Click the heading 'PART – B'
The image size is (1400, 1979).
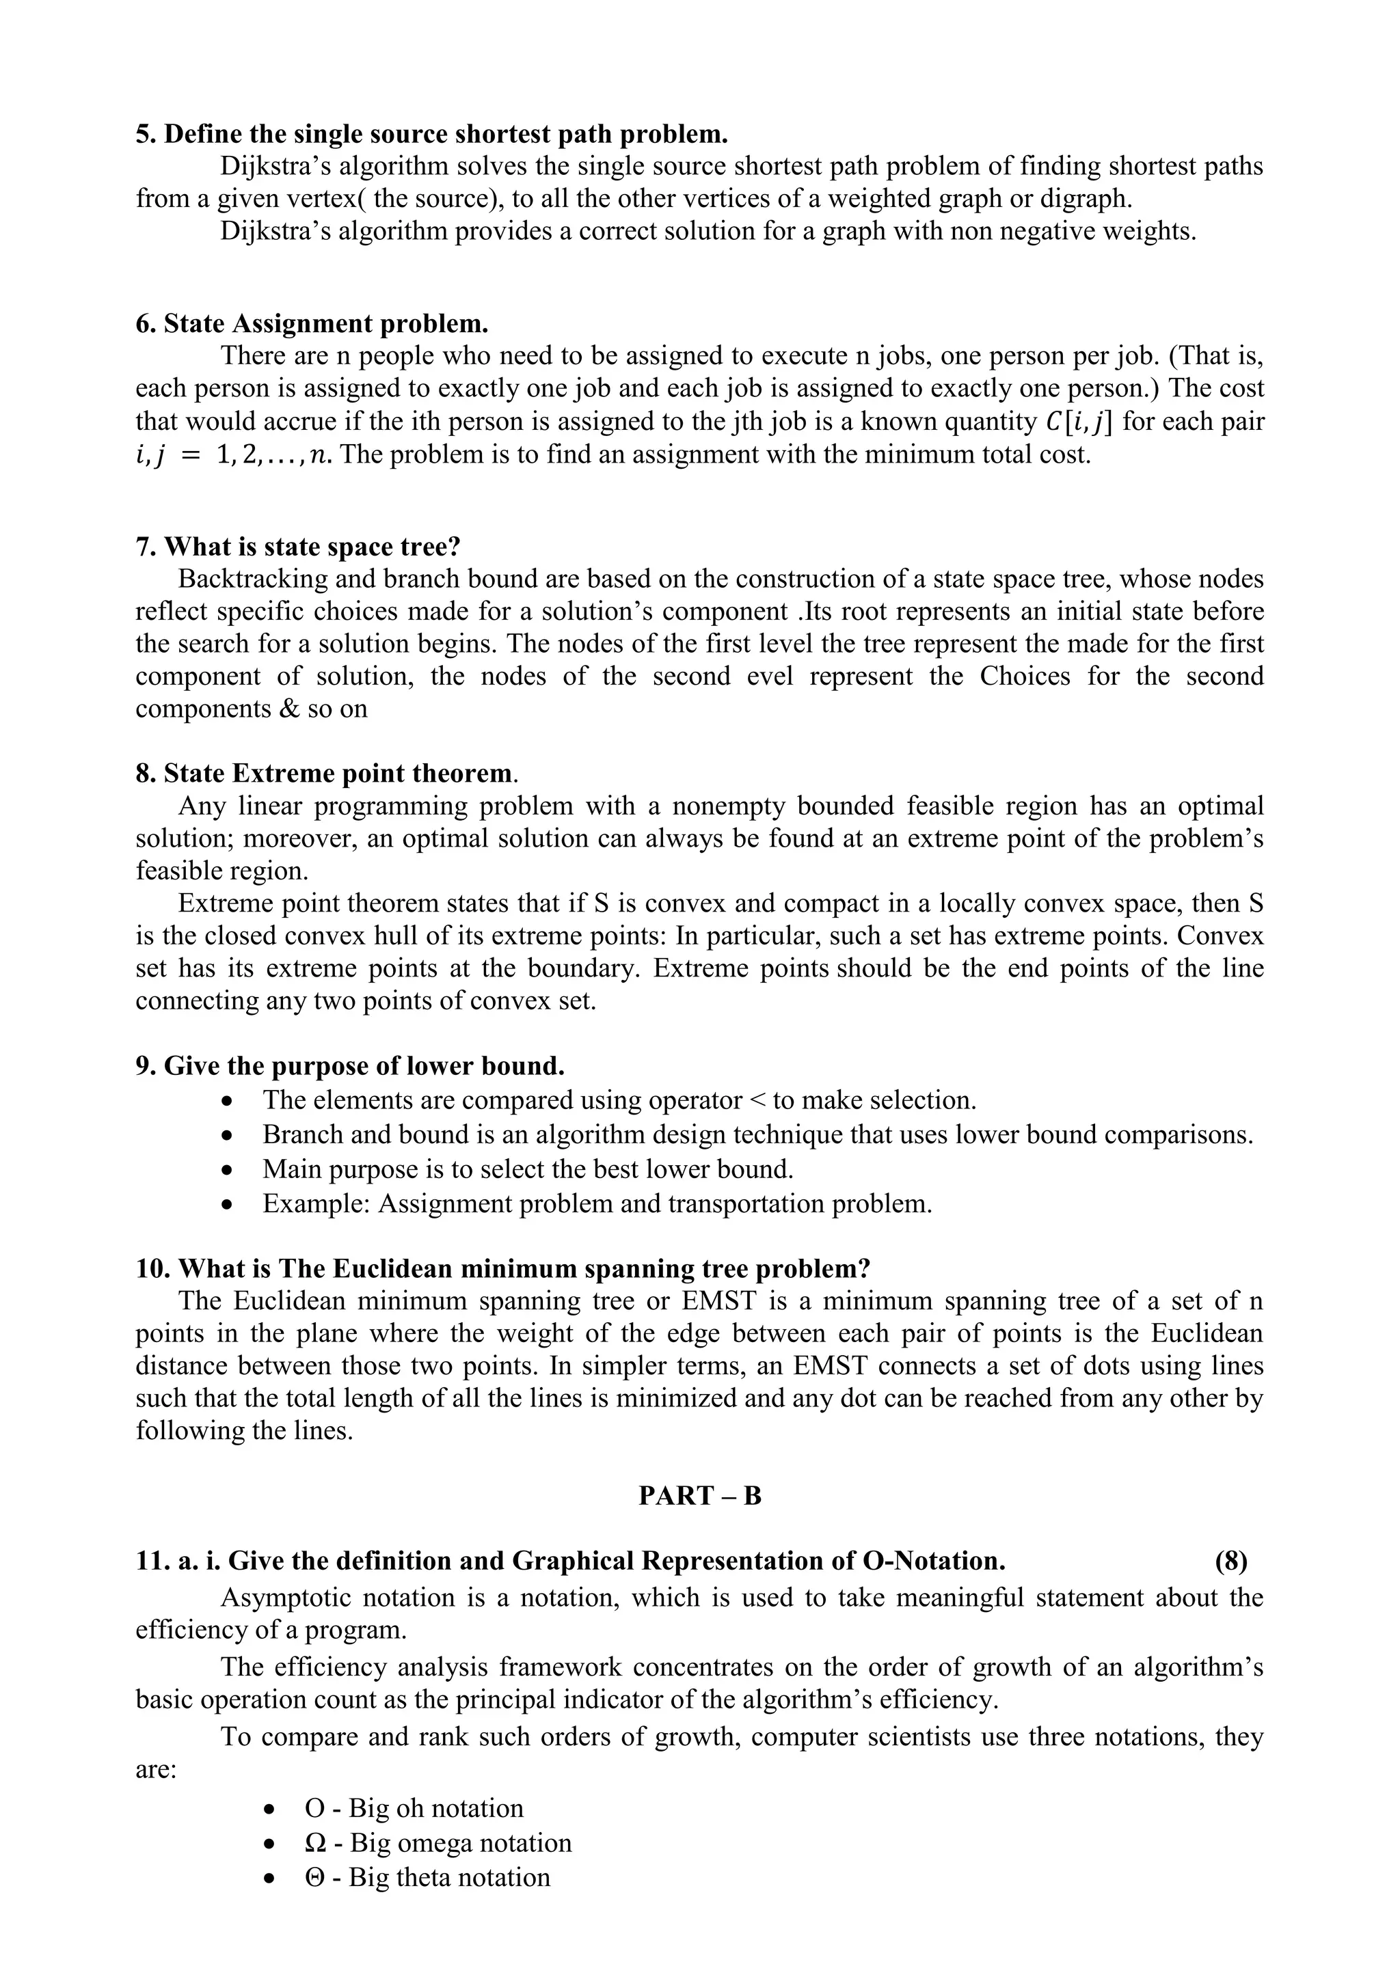(x=699, y=1495)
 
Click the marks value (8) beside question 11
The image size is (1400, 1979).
(x=1230, y=1561)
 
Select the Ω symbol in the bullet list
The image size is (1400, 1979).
(x=316, y=1843)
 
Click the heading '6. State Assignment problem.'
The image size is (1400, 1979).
(x=312, y=324)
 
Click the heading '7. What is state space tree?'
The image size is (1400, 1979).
(x=298, y=547)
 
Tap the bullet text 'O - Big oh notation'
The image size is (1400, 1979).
(x=414, y=1808)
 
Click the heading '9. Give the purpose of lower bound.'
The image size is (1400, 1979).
(x=350, y=1066)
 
